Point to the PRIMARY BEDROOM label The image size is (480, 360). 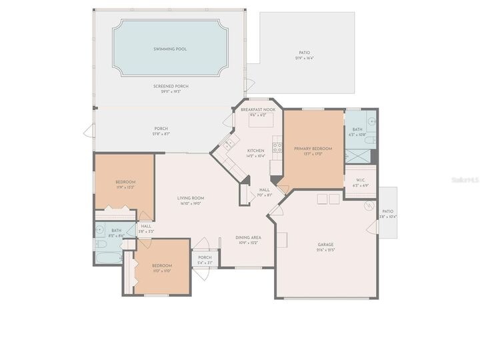click(x=308, y=149)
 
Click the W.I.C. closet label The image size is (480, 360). click(x=360, y=179)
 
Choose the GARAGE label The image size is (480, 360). click(x=325, y=245)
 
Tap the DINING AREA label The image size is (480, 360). click(x=248, y=237)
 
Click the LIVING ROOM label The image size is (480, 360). click(x=190, y=198)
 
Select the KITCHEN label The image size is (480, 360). click(x=256, y=151)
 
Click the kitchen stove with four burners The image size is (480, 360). click(x=277, y=148)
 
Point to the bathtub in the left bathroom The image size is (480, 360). click(x=107, y=257)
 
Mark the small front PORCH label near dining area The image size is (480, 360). click(x=205, y=257)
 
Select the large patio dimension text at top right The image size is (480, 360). click(x=304, y=58)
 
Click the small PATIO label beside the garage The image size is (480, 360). click(x=387, y=211)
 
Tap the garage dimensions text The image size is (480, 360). click(x=325, y=250)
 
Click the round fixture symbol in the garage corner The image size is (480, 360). click(x=368, y=206)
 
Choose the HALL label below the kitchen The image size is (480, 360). click(x=263, y=190)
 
